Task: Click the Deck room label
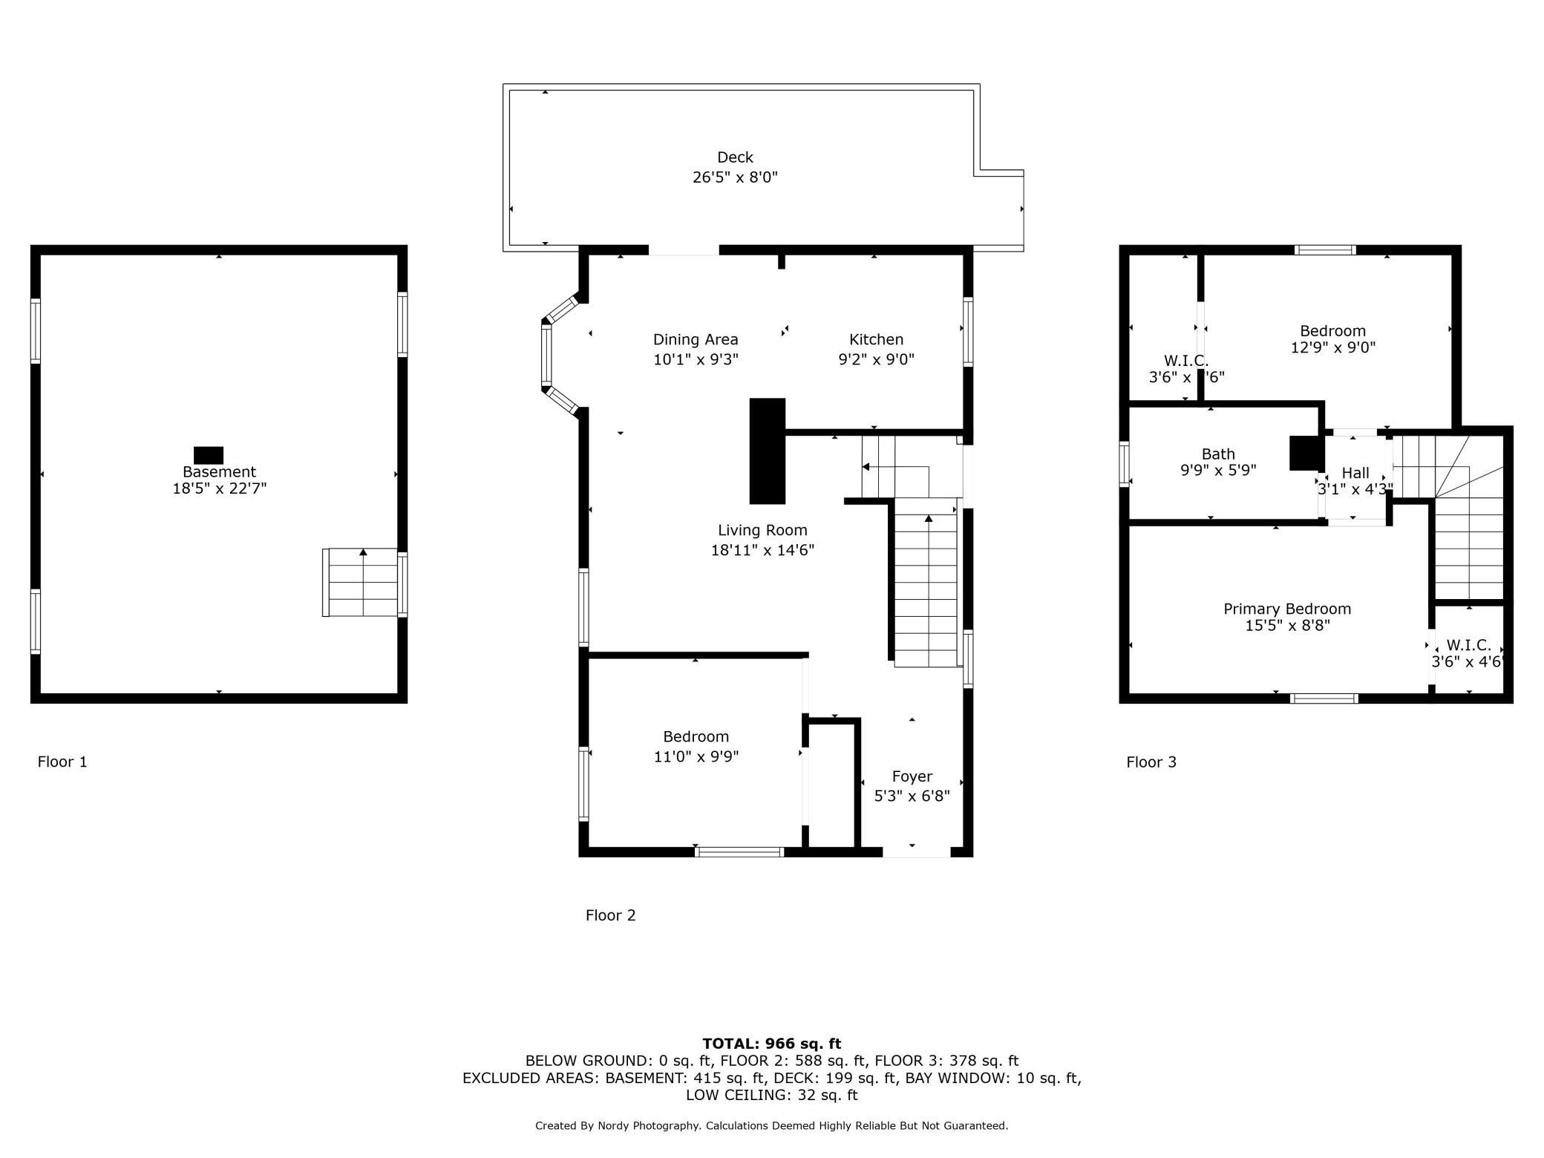click(x=735, y=157)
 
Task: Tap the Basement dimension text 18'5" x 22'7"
click(x=219, y=488)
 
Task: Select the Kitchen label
click(x=876, y=339)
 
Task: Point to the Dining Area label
click(x=696, y=340)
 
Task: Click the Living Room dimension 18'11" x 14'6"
click(x=762, y=550)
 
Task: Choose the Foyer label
click(x=912, y=776)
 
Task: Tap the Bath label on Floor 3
click(x=1218, y=454)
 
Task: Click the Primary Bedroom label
click(x=1287, y=609)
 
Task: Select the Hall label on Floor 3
click(x=1355, y=473)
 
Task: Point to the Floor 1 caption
click(x=62, y=762)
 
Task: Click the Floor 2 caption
click(x=610, y=915)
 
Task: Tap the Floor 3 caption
click(x=1151, y=762)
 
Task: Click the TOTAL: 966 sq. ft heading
click(x=772, y=1044)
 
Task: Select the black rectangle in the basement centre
click(x=209, y=455)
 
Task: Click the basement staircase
click(x=363, y=583)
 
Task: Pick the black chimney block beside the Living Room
click(x=768, y=451)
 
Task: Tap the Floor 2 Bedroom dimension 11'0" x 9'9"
click(x=696, y=756)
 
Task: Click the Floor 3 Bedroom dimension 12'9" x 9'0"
click(x=1333, y=347)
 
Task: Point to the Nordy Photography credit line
click(x=772, y=1125)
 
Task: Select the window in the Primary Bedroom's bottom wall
click(x=1324, y=699)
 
